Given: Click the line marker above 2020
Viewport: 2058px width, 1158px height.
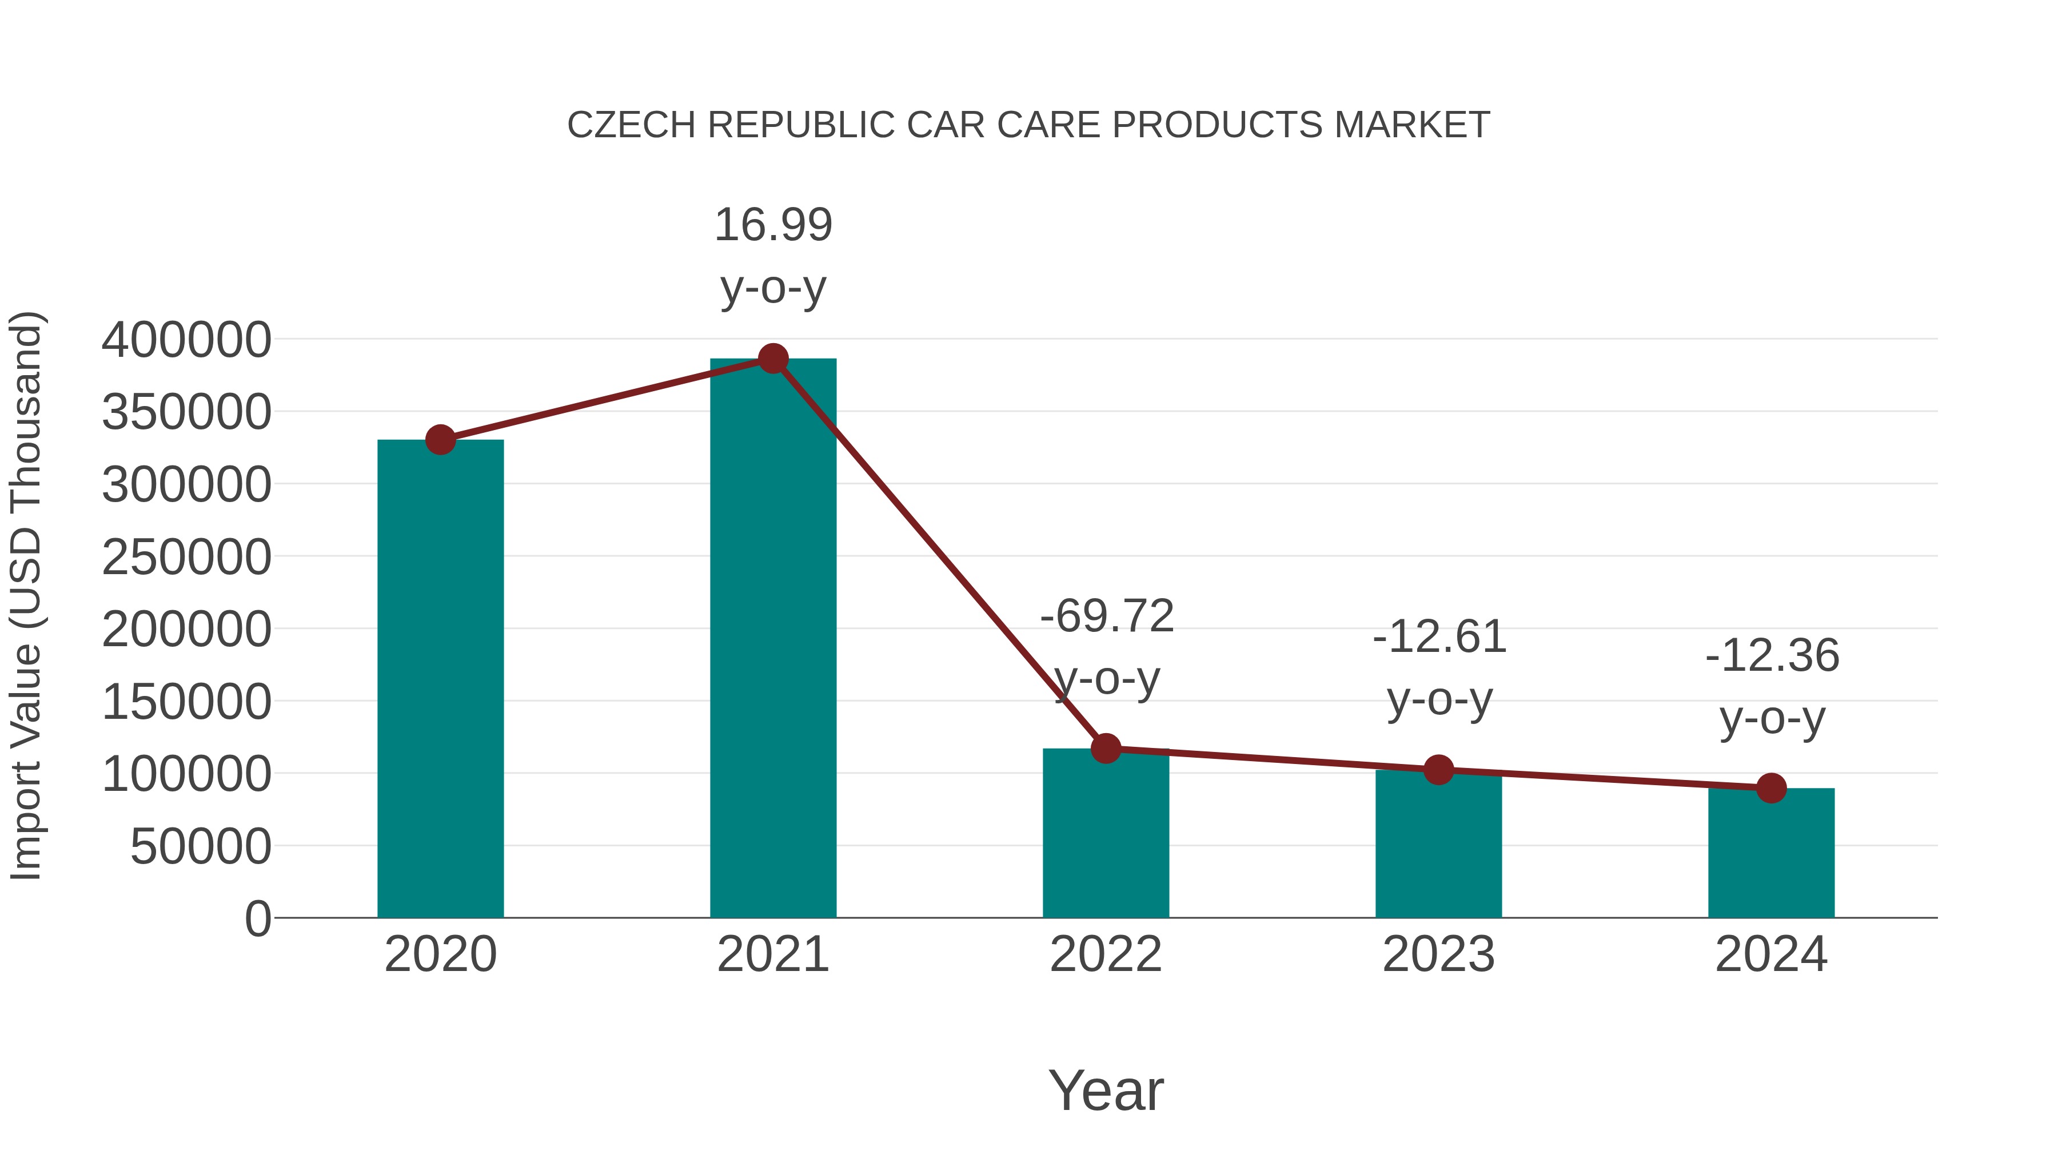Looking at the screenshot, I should coord(440,440).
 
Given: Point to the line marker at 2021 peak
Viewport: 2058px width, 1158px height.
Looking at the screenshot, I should coord(772,359).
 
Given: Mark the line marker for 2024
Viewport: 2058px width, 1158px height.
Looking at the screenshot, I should coord(1771,789).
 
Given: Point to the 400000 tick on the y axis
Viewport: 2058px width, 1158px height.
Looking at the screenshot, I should coord(186,340).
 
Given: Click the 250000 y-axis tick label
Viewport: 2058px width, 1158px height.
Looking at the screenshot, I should coord(186,557).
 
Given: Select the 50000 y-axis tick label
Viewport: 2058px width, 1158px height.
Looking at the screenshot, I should coord(201,846).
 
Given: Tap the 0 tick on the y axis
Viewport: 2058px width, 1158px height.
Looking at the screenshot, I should coord(257,918).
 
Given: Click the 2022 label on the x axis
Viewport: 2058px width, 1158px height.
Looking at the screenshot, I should coord(1106,954).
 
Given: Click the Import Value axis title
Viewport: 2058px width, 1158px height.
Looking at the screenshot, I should coord(26,595).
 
